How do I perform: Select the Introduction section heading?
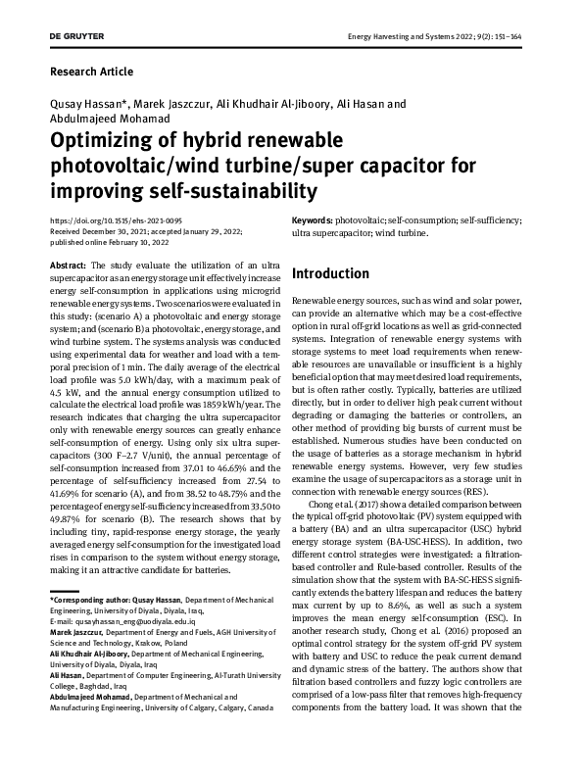click(x=330, y=273)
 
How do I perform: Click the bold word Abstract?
click(x=68, y=266)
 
